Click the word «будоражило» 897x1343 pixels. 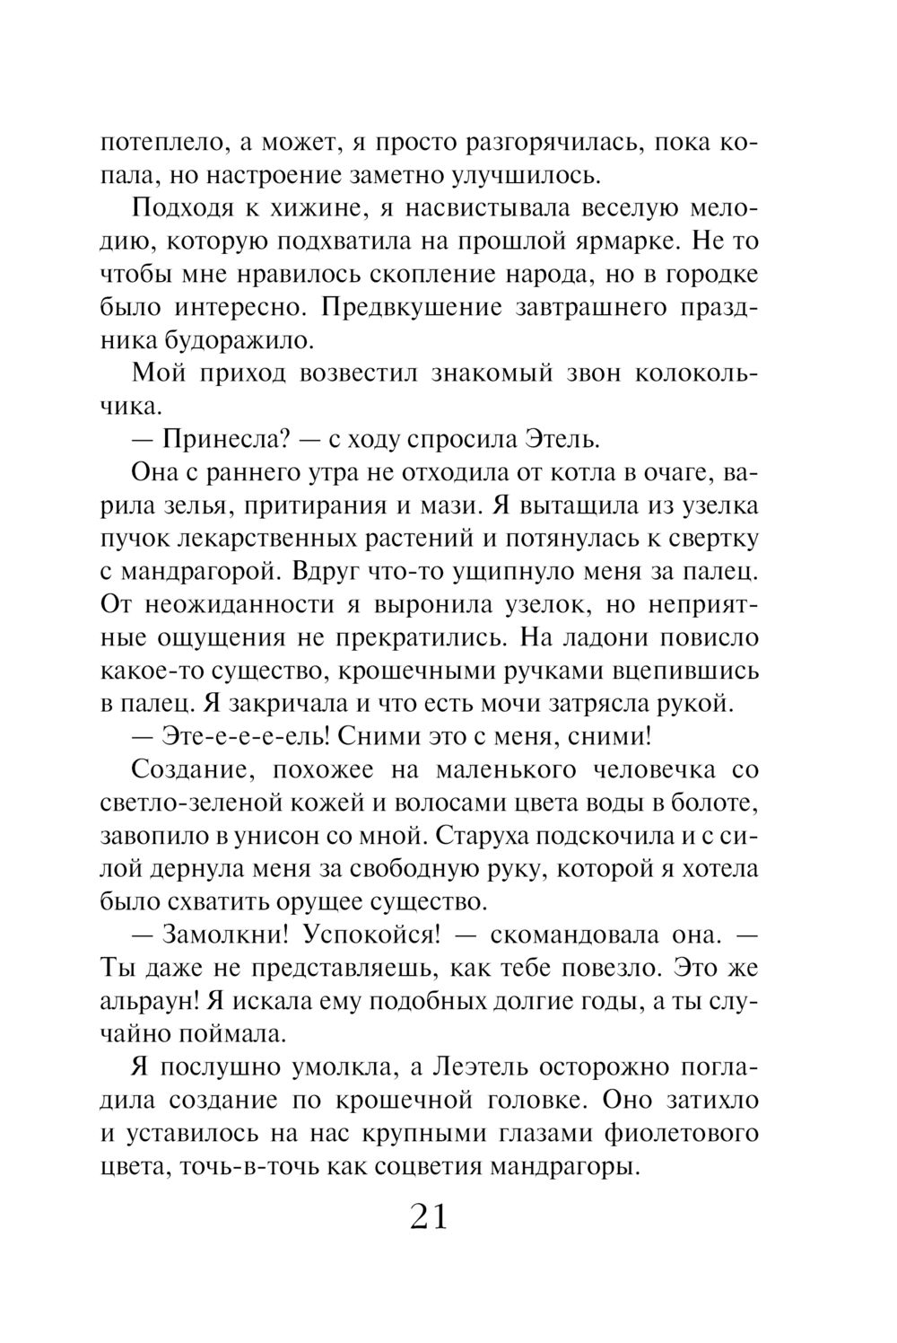(x=241, y=341)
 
